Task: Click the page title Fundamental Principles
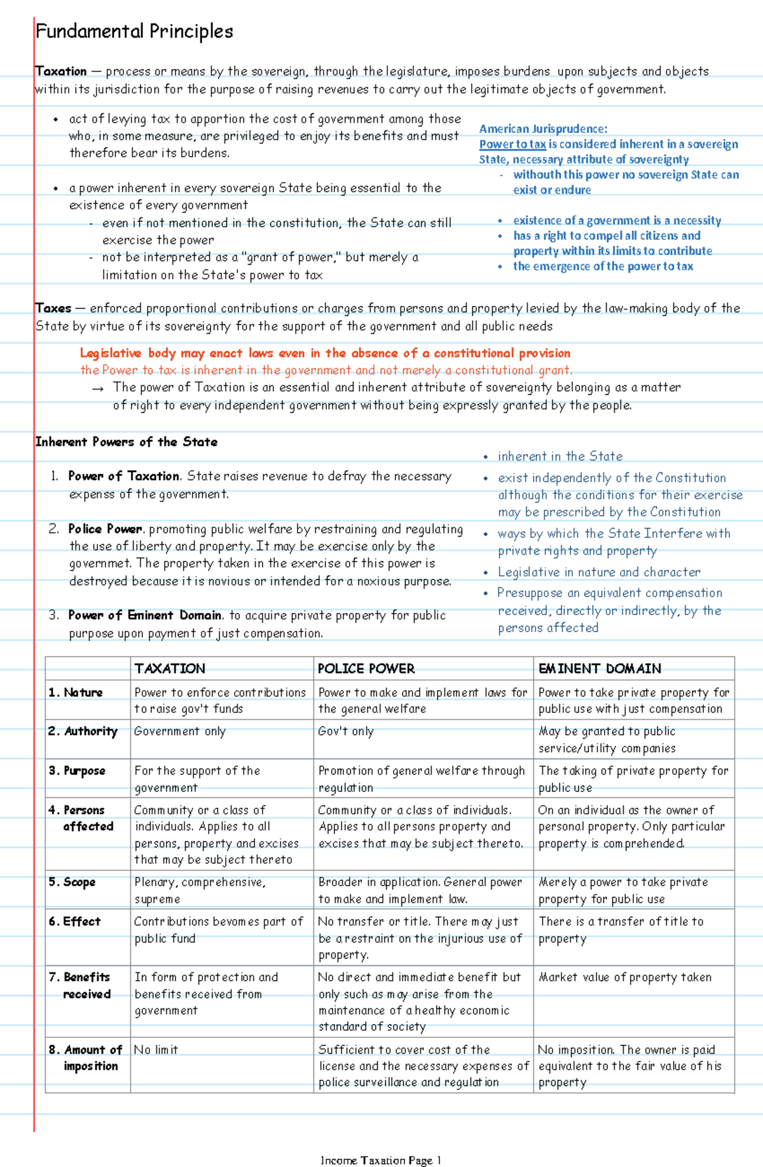134,31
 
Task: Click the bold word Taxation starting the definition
61,71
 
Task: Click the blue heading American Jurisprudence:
543,129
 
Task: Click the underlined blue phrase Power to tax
512,144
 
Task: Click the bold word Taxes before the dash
53,308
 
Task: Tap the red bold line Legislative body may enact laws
325,353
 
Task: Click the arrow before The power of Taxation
97,389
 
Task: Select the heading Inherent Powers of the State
127,442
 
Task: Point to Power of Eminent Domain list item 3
145,615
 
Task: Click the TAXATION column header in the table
170,668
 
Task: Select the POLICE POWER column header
366,668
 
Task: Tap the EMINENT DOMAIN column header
600,668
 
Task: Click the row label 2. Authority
83,731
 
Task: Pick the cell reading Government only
180,731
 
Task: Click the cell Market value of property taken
625,977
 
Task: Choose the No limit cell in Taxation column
156,1049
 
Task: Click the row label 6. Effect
75,922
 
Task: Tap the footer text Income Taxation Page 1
381,1160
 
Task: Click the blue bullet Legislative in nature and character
599,572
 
